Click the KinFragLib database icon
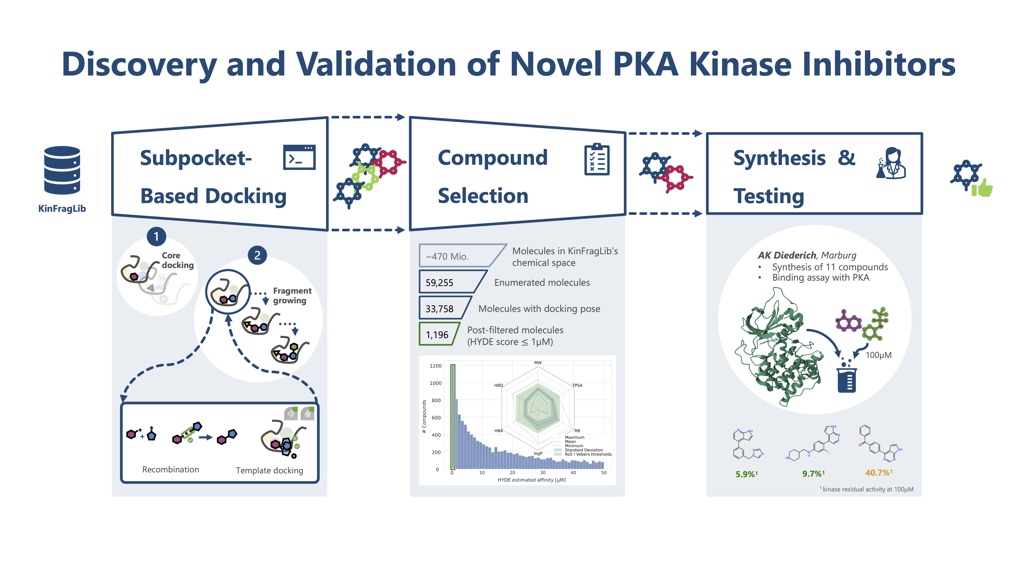click(x=62, y=171)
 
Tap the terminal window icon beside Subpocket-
click(x=299, y=157)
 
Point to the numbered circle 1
click(x=156, y=236)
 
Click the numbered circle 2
click(x=257, y=255)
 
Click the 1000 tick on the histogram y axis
click(x=435, y=383)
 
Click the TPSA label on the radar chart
click(x=577, y=385)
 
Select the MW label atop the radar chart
click(x=538, y=362)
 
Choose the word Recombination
click(x=171, y=469)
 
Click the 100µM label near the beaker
click(x=878, y=355)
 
